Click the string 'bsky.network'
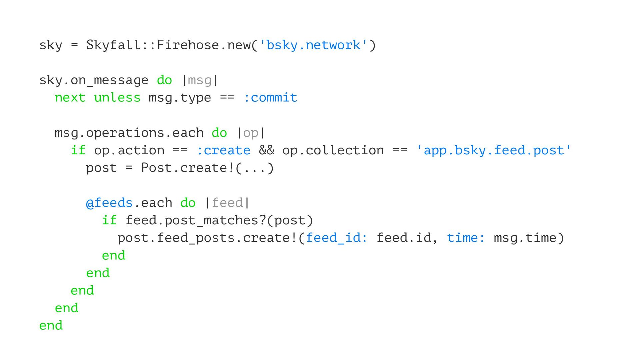[313, 45]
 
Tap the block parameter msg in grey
[199, 80]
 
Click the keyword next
[70, 98]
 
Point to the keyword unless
[117, 98]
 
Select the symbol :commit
[270, 98]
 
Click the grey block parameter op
[251, 133]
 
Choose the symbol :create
[223, 150]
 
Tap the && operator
[266, 150]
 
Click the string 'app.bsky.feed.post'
[493, 150]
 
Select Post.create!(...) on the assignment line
[207, 168]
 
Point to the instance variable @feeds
[109, 203]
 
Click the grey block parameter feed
[227, 203]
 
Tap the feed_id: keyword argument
[336, 238]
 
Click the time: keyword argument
[466, 238]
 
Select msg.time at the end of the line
[525, 238]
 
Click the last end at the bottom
[51, 326]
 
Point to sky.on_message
[94, 80]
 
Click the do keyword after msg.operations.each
[219, 133]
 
